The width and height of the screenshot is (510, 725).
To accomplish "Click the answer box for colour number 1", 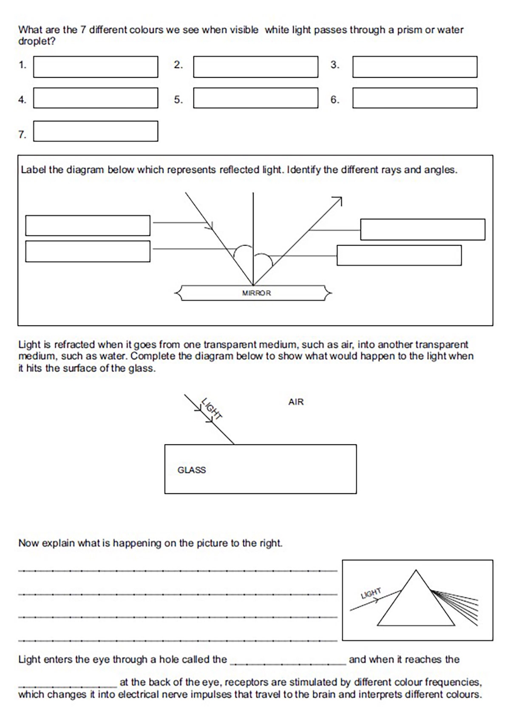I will coord(96,67).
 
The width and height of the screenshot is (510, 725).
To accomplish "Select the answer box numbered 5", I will coord(255,98).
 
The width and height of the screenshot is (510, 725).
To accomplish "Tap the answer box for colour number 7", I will coord(96,131).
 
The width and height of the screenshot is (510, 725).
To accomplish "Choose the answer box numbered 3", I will coord(415,67).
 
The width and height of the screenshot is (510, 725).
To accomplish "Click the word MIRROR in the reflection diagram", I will coord(256,293).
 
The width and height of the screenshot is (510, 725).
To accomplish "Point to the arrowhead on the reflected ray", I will coord(338,200).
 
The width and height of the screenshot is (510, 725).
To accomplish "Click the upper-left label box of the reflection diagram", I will coord(88,225).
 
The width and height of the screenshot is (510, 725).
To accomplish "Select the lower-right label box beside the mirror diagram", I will coord(399,255).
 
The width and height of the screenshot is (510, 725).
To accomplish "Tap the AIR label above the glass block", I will coord(296,402).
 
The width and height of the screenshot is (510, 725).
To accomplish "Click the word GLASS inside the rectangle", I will coord(192,470).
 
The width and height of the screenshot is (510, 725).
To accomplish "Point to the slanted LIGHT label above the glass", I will coord(212,408).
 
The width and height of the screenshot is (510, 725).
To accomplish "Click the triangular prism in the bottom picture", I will coord(416,603).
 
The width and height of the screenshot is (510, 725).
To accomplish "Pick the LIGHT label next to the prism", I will coord(371,593).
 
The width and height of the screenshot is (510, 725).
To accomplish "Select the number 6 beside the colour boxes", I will coord(335,99).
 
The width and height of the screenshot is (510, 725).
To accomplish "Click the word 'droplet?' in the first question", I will coord(37,42).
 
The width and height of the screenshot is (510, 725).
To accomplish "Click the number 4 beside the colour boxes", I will coord(22,99).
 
